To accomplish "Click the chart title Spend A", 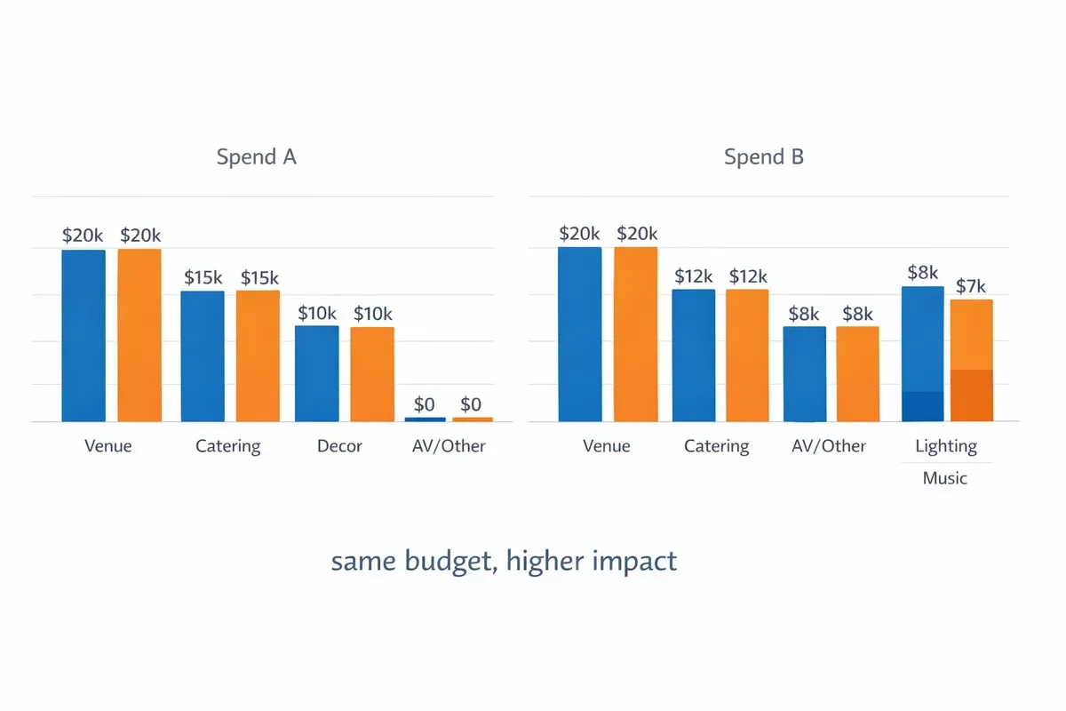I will [256, 157].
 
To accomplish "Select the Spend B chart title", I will [764, 157].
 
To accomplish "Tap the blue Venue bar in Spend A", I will [84, 335].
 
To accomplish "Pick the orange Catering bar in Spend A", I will [258, 355].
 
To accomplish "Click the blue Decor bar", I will [317, 373].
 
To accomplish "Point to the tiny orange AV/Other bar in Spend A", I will [472, 419].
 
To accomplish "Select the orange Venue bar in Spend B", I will [636, 334].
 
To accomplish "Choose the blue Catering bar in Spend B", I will [694, 355].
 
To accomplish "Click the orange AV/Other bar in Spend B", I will [858, 374].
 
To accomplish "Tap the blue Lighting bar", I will [923, 354].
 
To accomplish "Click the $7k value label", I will [971, 286].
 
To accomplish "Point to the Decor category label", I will [339, 446].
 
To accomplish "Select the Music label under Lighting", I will [945, 478].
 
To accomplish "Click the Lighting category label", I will [946, 446].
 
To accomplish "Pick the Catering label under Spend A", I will [228, 446].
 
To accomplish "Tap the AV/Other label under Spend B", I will [829, 446].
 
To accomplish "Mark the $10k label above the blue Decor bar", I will [317, 314].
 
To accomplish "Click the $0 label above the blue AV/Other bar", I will [426, 404].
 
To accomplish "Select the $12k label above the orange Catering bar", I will [748, 276].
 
